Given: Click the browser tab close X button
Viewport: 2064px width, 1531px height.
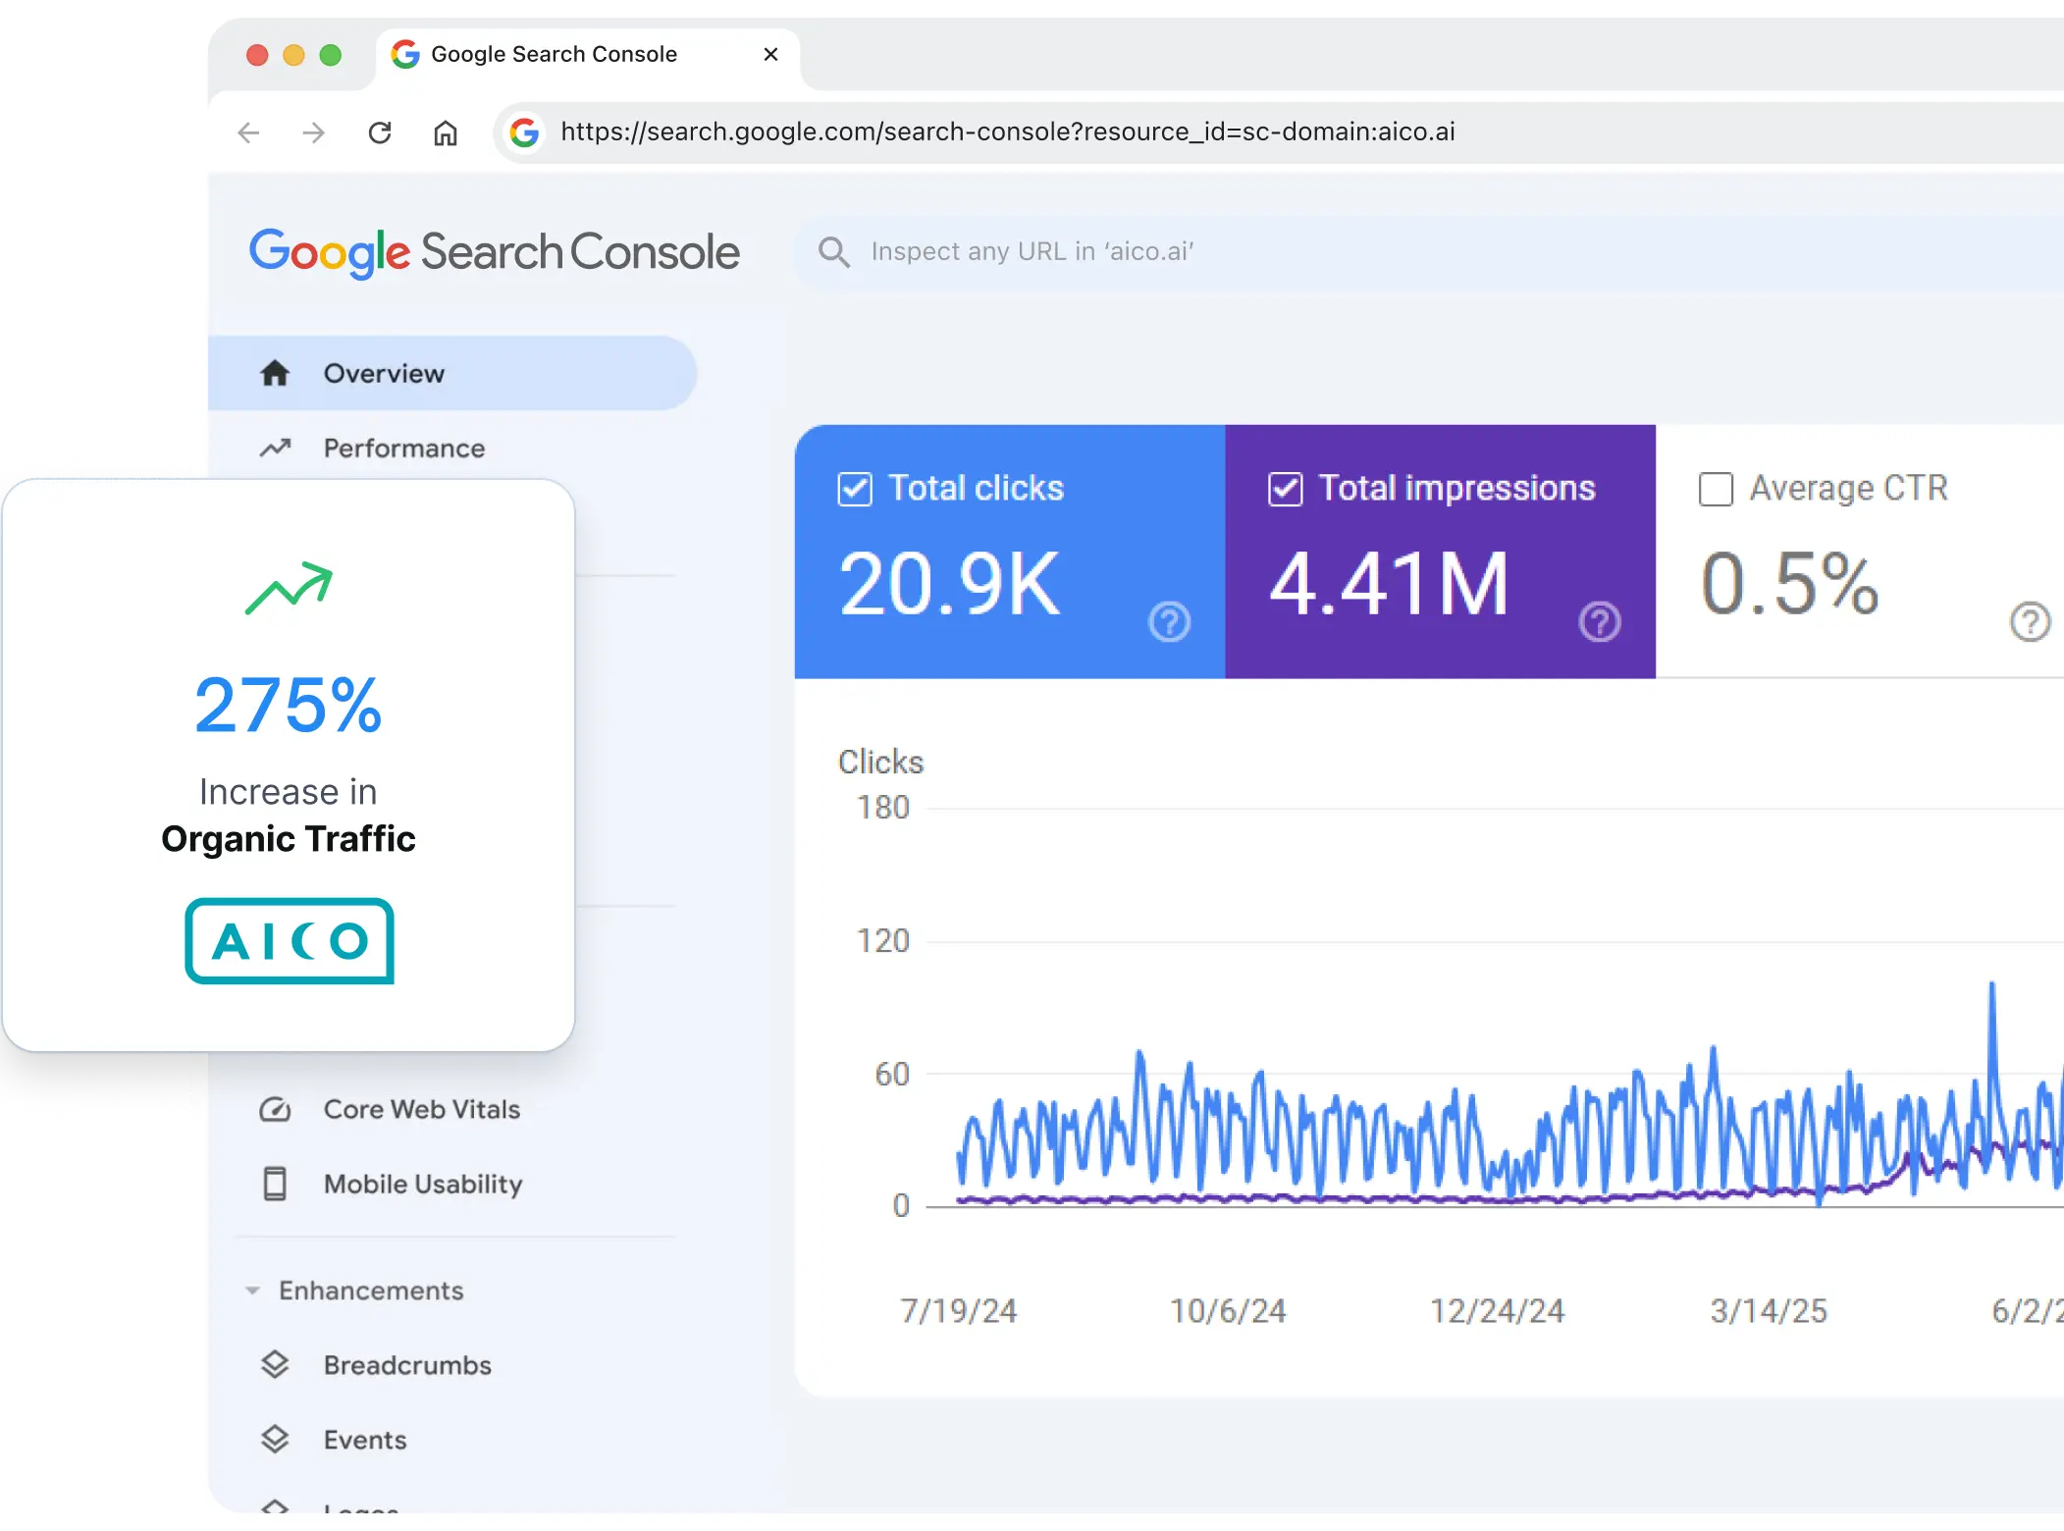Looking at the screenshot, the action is [770, 54].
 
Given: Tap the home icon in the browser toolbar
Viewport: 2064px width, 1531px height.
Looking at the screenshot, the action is [446, 132].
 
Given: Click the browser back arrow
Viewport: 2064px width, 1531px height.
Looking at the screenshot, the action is [248, 132].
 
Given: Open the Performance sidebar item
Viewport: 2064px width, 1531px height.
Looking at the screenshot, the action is [403, 449].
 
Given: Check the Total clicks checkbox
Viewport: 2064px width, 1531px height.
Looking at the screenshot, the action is [855, 489].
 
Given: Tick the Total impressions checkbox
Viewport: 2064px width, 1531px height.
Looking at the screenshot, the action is [1286, 489].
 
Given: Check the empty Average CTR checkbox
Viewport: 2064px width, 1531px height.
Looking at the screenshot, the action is [1716, 489].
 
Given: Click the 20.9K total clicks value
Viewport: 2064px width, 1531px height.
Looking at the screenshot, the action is [949, 585].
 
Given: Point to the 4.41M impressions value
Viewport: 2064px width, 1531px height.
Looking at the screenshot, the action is [1389, 585].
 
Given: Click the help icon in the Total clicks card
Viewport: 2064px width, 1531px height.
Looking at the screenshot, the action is [1169, 621].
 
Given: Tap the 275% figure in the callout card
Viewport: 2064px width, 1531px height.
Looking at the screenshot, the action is [288, 705].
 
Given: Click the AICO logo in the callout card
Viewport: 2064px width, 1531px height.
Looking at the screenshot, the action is [290, 940].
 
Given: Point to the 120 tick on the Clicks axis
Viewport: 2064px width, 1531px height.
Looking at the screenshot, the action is [883, 941].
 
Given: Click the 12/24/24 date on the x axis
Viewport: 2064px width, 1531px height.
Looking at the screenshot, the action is [1497, 1311].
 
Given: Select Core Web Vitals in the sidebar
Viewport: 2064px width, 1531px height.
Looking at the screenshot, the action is [421, 1109].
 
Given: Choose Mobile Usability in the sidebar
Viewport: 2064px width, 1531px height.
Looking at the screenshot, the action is [423, 1185].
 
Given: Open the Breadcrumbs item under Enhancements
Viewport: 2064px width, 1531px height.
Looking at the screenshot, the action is [407, 1365].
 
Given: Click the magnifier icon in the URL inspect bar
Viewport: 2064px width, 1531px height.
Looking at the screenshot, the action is [834, 252].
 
